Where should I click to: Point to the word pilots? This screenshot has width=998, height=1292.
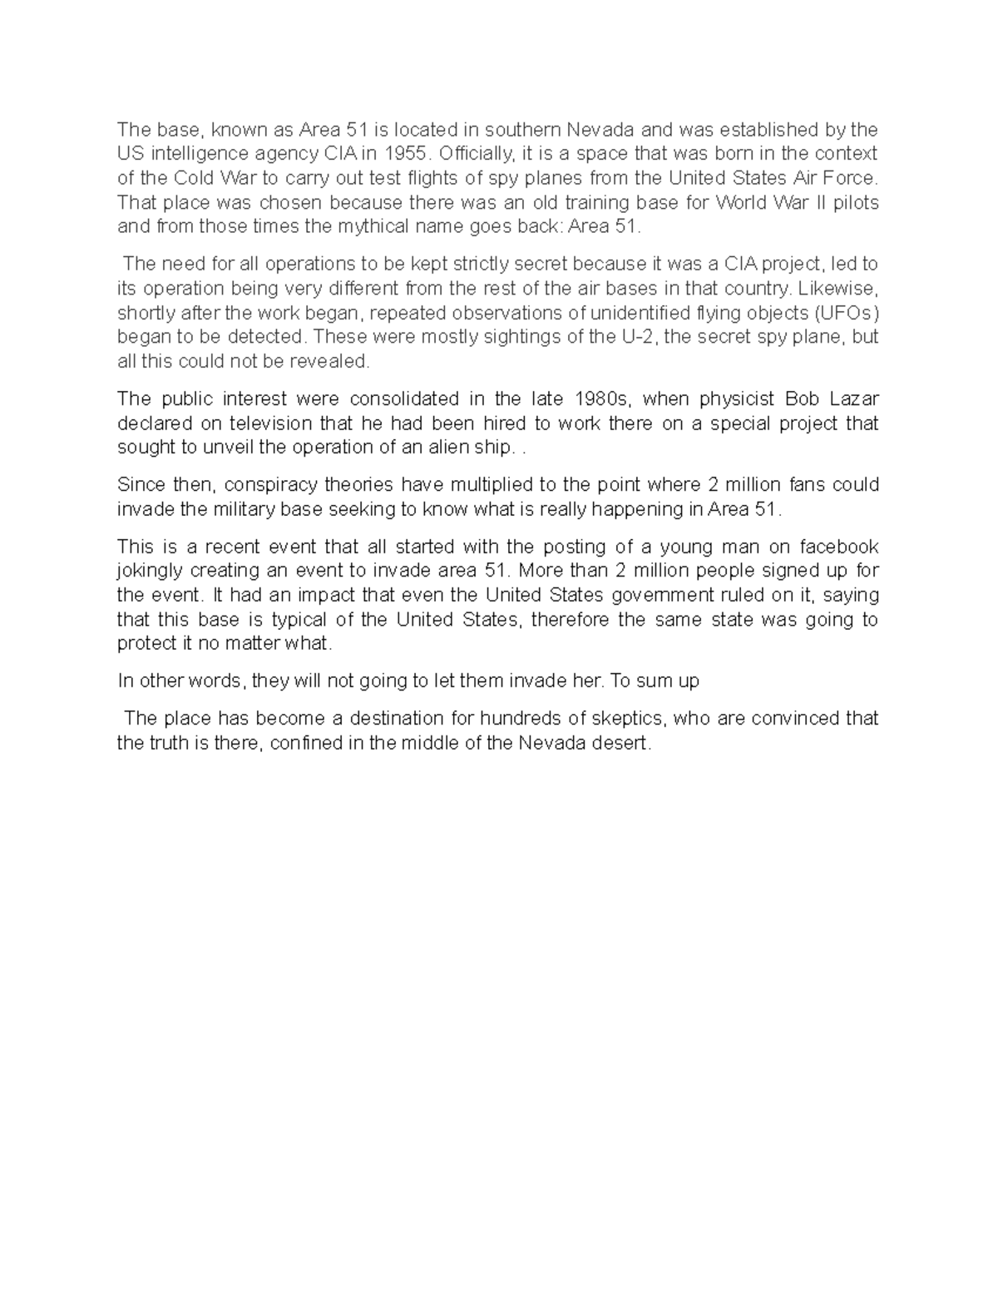pyautogui.click(x=854, y=203)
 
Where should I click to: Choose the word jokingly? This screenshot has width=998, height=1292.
pyautogui.click(x=151, y=572)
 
